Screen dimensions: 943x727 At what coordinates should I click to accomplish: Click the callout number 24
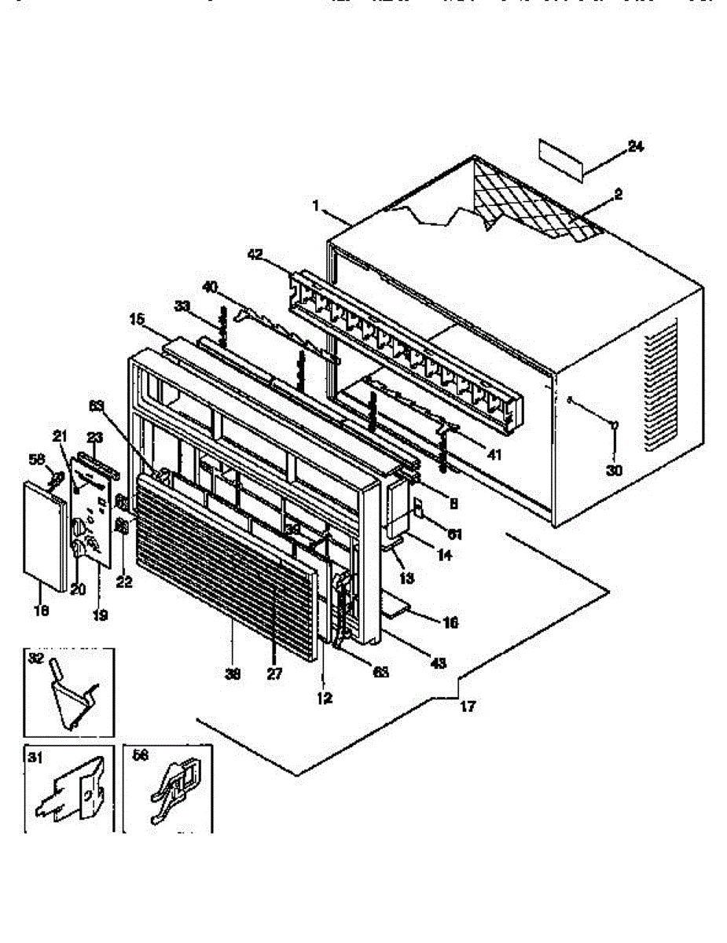636,145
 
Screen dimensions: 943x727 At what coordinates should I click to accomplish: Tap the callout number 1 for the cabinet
315,207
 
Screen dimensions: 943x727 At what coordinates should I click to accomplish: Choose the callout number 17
468,706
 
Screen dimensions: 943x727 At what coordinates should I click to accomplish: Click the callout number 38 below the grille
233,674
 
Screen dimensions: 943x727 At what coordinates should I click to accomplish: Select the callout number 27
274,674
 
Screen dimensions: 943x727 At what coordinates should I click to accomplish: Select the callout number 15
138,320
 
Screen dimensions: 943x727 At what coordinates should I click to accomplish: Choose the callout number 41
494,453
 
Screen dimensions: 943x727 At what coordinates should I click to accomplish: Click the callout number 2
618,194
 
